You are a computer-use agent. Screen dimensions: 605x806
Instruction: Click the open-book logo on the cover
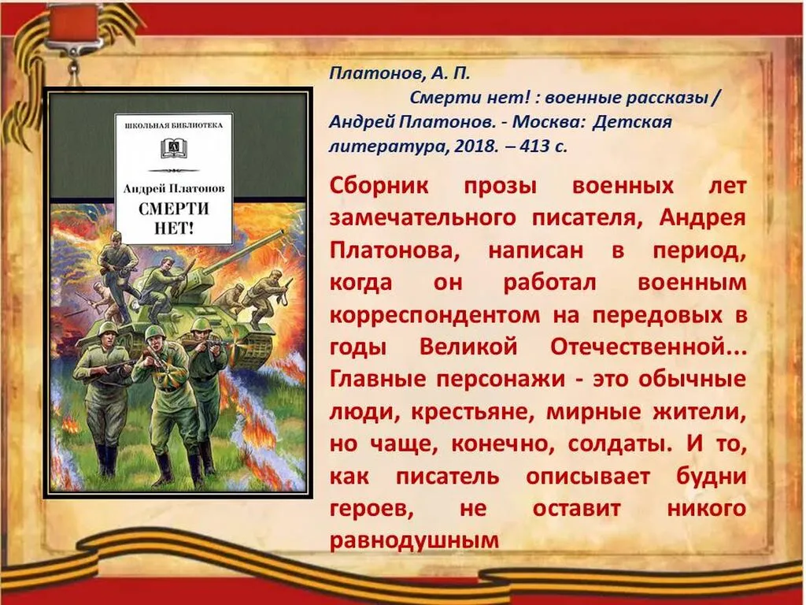[x=173, y=147]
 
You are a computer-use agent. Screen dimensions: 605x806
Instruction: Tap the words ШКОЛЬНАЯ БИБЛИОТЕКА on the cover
[x=174, y=125]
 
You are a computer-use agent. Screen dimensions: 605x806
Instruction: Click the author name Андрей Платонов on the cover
[x=173, y=188]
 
